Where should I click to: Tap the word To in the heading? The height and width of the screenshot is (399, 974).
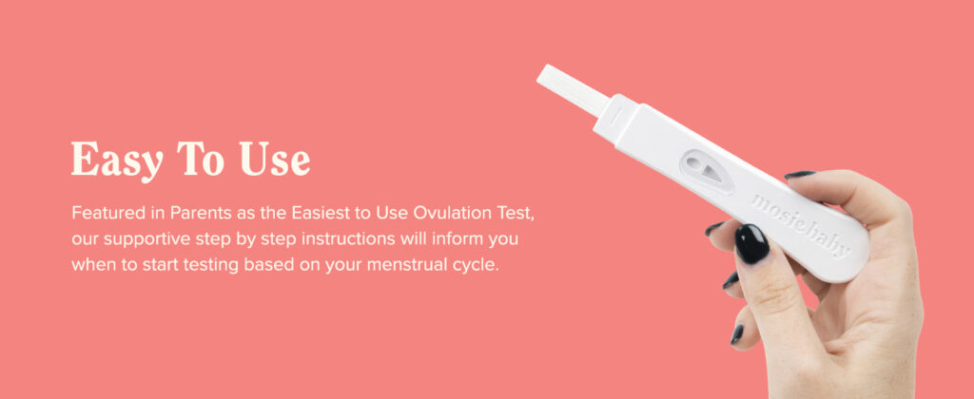(200, 159)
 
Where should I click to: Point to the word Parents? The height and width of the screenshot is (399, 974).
(198, 213)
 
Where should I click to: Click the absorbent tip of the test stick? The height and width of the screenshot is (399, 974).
(573, 89)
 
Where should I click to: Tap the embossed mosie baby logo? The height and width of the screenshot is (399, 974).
(801, 225)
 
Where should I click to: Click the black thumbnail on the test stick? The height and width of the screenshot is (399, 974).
(751, 244)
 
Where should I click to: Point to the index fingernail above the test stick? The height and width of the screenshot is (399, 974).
(799, 175)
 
